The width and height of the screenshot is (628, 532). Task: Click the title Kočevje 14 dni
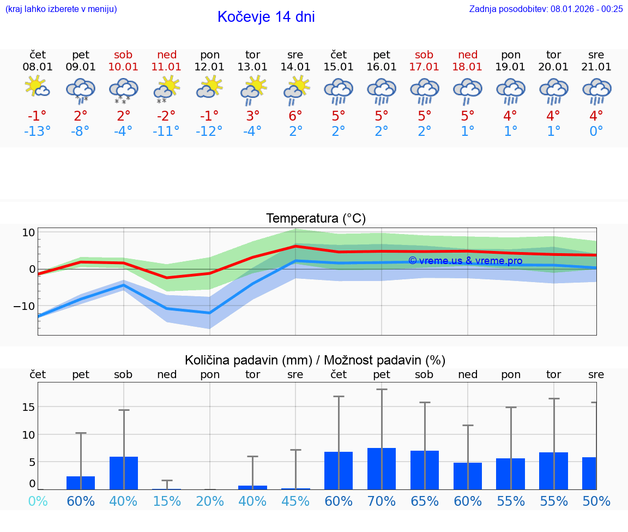click(x=266, y=17)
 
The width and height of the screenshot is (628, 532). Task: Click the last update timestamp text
click(x=546, y=9)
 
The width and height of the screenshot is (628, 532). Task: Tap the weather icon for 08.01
click(x=38, y=87)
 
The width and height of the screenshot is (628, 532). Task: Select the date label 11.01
click(x=166, y=67)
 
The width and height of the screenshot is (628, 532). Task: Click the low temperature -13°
click(x=38, y=131)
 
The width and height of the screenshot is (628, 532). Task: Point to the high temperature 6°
click(x=295, y=116)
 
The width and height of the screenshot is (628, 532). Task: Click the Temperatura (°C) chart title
click(x=316, y=219)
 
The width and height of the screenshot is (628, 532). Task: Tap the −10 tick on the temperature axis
click(x=24, y=306)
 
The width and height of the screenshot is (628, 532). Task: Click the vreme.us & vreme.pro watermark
click(x=465, y=261)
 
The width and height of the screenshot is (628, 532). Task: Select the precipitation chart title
click(x=315, y=360)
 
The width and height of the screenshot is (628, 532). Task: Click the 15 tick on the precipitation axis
click(x=28, y=407)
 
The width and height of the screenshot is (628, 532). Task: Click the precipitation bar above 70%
click(x=382, y=468)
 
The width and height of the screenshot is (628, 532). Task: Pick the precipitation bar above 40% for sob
click(x=124, y=473)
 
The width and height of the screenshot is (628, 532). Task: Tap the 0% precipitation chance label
click(x=38, y=501)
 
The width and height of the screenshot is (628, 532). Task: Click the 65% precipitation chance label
click(x=424, y=501)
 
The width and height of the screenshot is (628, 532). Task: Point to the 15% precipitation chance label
click(x=166, y=501)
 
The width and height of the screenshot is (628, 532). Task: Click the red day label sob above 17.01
click(x=424, y=55)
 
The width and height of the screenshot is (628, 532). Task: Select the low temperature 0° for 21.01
click(x=596, y=131)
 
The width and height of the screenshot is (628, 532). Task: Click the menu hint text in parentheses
click(x=61, y=9)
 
